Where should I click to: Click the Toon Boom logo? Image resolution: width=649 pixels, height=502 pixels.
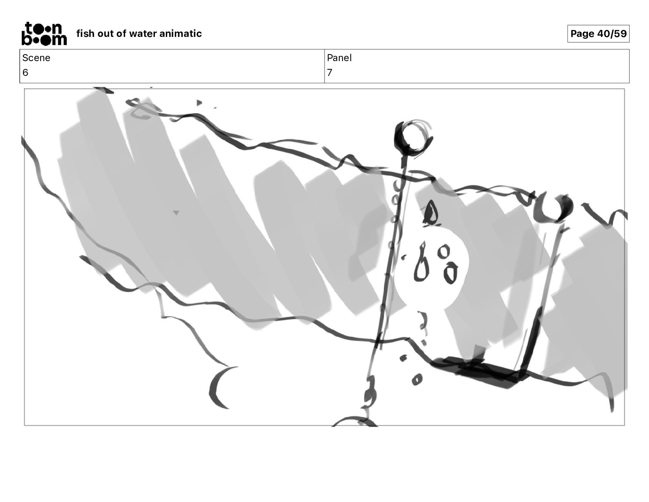click(x=44, y=34)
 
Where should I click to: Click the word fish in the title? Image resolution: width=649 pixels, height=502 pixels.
click(x=85, y=33)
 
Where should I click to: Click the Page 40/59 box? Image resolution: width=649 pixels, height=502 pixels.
click(x=598, y=34)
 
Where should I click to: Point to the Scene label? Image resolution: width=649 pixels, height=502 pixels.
click(x=36, y=58)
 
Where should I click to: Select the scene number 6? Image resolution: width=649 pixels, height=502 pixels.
click(x=25, y=72)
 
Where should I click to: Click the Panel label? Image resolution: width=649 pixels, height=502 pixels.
click(x=339, y=58)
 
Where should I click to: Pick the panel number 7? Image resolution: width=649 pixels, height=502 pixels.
click(x=329, y=72)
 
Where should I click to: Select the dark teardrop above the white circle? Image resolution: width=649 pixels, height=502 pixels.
click(x=430, y=213)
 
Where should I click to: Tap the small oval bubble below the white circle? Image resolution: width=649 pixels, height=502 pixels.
click(x=417, y=379)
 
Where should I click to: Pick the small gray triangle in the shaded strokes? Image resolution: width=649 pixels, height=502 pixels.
click(x=176, y=212)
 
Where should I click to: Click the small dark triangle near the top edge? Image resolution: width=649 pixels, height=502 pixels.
click(x=199, y=103)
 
